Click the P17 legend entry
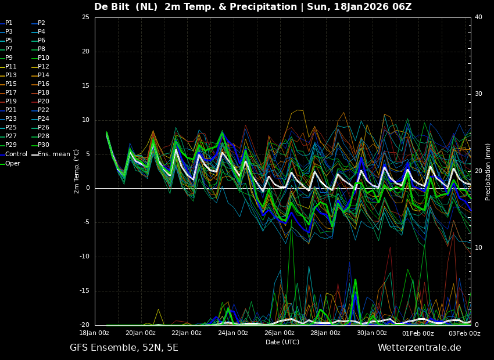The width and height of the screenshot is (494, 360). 11,93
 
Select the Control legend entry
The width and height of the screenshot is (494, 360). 16,154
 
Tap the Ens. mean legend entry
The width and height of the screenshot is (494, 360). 53,154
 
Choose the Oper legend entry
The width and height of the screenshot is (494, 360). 13,163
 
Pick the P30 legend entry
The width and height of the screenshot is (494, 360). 44,145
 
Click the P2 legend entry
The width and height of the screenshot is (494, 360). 41,23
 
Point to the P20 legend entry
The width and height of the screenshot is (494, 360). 44,102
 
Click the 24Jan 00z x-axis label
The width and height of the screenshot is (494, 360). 233,333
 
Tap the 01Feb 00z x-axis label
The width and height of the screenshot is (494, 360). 418,333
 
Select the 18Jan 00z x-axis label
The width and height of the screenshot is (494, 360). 94,333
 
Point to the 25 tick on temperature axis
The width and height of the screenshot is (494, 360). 85,17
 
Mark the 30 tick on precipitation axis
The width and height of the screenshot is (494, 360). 478,94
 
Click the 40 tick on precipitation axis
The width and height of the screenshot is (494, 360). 478,17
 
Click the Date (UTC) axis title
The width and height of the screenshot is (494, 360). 282,343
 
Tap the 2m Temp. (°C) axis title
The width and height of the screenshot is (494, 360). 77,171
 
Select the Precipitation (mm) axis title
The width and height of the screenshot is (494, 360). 488,171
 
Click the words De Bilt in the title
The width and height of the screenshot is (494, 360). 115,7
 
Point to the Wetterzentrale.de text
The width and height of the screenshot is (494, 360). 419,348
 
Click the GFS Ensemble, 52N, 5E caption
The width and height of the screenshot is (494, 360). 124,348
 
